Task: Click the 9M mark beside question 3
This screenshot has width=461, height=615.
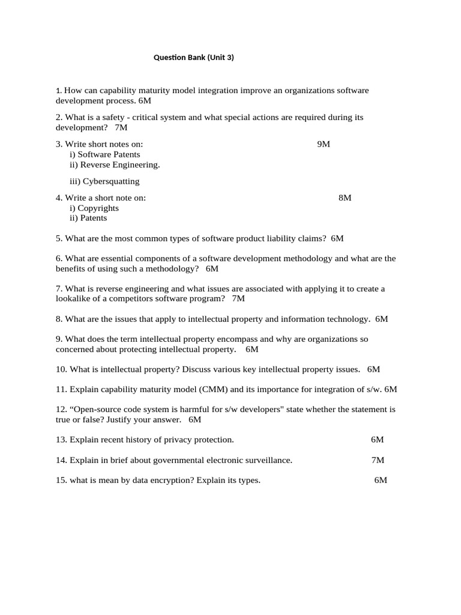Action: click(x=324, y=144)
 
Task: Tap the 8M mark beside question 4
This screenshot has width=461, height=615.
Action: click(x=345, y=198)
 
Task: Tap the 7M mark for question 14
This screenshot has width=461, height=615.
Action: click(x=378, y=460)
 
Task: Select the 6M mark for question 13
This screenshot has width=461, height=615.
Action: click(x=377, y=440)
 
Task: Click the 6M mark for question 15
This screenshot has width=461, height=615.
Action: click(x=381, y=480)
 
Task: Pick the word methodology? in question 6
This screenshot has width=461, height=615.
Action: click(x=170, y=268)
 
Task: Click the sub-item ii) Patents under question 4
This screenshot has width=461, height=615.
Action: click(x=88, y=218)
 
